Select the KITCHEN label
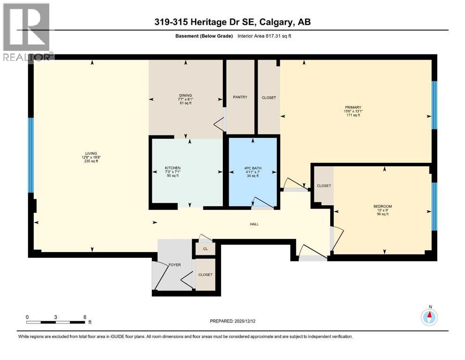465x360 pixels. (172, 168)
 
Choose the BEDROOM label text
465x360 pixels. (383, 206)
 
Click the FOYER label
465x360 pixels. (174, 265)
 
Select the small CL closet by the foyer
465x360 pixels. (205, 249)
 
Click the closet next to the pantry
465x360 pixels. (268, 98)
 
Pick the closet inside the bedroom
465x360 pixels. (324, 186)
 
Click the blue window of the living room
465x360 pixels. (31, 155)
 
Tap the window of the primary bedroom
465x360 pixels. (434, 105)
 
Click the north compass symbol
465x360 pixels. (429, 317)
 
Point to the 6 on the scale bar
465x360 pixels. (85, 317)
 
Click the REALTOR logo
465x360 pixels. (27, 32)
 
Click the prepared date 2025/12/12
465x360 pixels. (233, 321)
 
